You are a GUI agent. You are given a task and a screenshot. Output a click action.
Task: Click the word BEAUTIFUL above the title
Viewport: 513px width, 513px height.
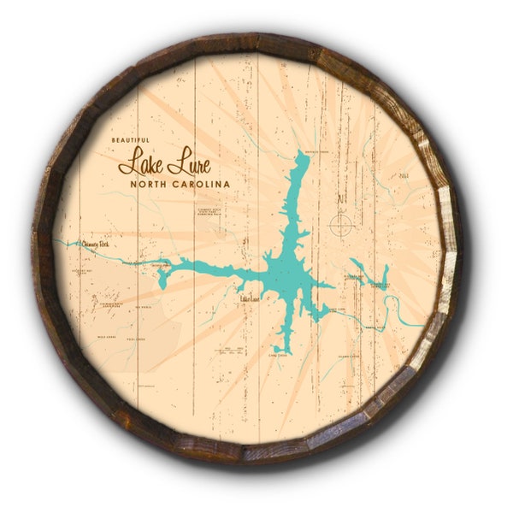130,140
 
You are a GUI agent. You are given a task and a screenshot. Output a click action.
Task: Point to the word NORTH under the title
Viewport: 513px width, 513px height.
148,183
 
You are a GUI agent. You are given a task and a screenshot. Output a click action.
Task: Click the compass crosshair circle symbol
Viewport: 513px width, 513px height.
340,225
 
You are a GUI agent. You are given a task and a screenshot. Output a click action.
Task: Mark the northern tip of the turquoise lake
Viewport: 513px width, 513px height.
300,155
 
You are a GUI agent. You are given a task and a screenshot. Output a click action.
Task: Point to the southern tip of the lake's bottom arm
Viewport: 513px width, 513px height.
286,351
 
